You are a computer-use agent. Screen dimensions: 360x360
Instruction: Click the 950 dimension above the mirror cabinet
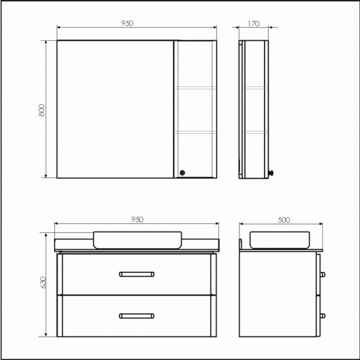tap(127, 23)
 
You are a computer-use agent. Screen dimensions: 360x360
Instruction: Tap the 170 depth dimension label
tap(253, 24)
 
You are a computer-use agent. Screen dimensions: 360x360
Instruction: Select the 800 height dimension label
tap(42, 110)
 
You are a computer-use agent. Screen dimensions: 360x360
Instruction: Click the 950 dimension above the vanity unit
tap(137, 219)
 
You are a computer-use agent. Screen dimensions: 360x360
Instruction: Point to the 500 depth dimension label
tap(283, 220)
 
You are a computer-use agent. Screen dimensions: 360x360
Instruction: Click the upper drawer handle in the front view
tap(137, 274)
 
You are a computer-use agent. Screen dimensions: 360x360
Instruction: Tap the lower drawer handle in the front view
tap(137, 315)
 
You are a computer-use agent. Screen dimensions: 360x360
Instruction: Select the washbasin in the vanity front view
tap(137, 240)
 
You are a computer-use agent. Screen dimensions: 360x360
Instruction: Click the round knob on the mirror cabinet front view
tap(182, 172)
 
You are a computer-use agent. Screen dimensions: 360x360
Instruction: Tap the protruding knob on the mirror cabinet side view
tap(271, 173)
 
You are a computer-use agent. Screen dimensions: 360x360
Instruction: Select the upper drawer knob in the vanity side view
tap(323, 274)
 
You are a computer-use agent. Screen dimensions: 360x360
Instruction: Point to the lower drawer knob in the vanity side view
tap(323, 315)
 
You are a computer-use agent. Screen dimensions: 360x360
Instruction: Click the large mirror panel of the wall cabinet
tap(115, 109)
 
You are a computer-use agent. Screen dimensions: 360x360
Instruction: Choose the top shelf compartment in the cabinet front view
tap(195, 64)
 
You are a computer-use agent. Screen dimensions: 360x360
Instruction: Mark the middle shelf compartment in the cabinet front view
tap(195, 109)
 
